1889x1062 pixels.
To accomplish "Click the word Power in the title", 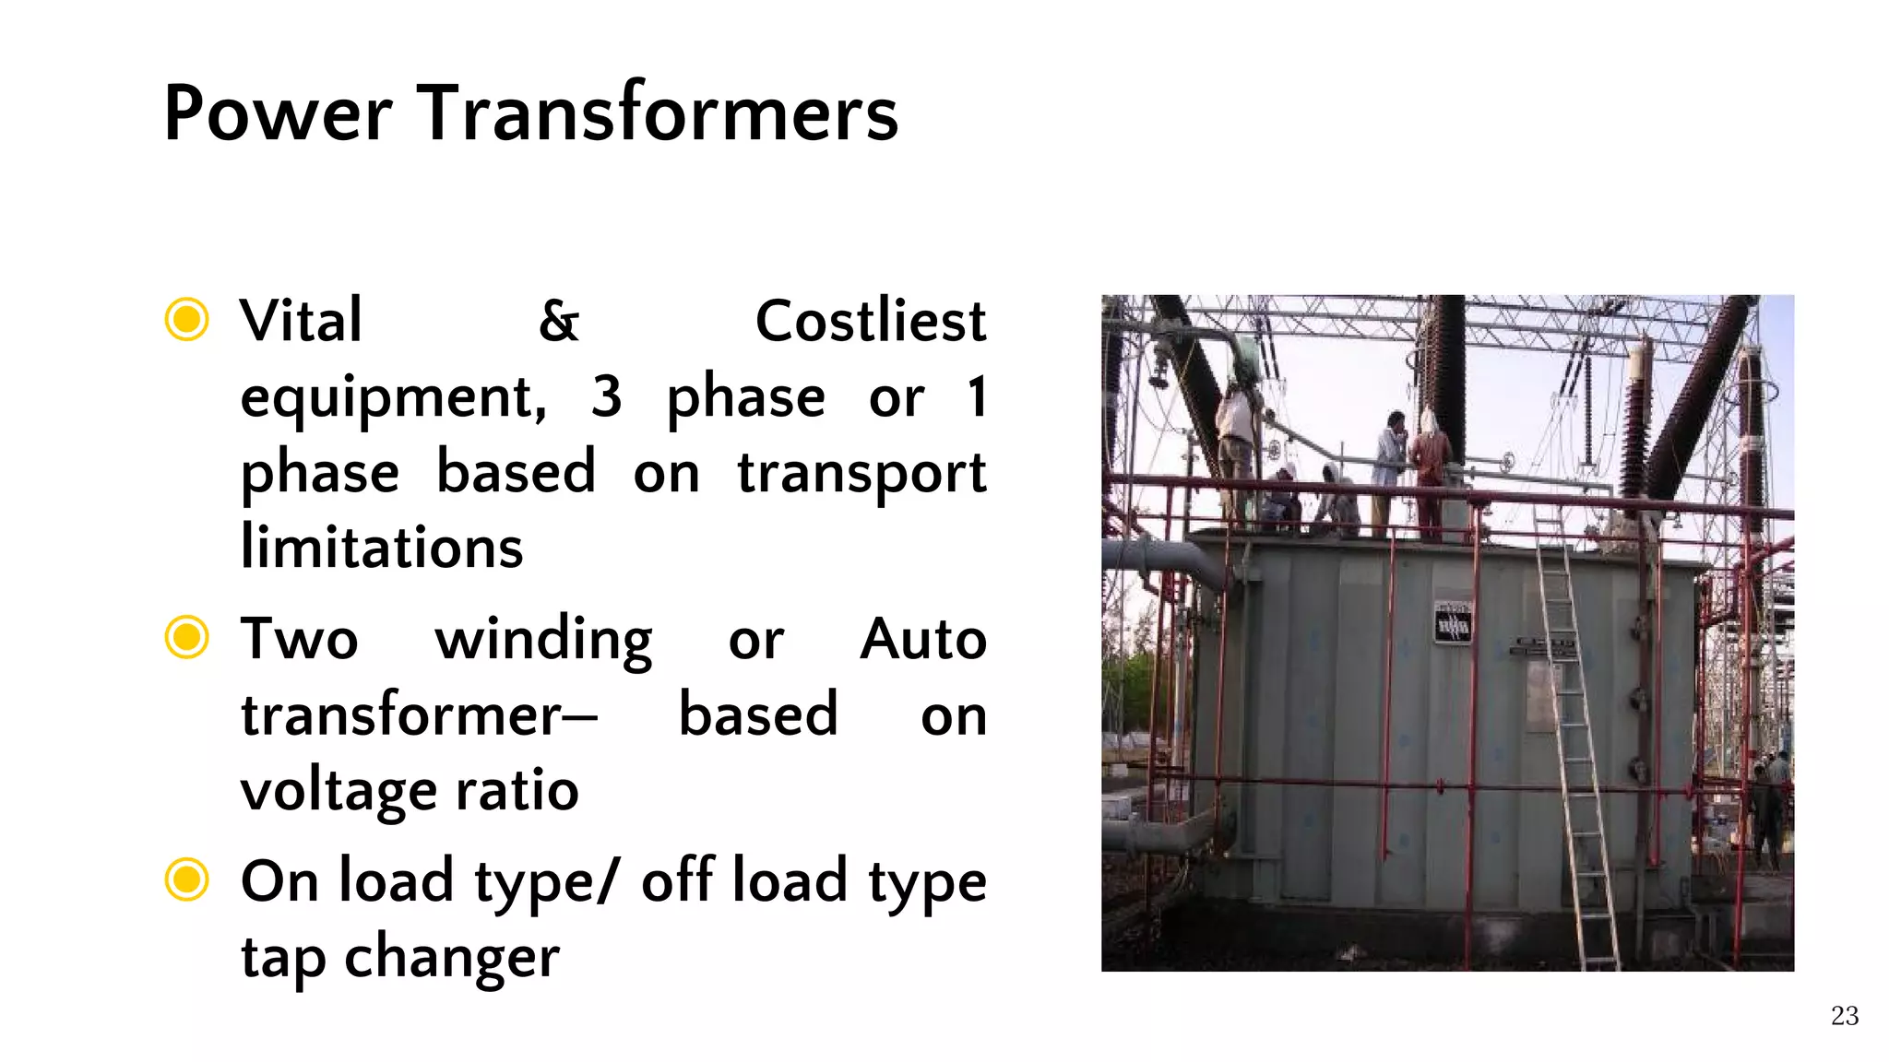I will pyautogui.click(x=278, y=113).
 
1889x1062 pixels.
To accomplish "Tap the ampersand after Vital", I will pyautogui.click(x=559, y=322).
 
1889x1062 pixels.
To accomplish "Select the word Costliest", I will pyautogui.click(x=870, y=322).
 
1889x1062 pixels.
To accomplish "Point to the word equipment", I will pyautogui.click(x=393, y=398).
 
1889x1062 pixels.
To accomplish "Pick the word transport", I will pyautogui.click(x=861, y=474).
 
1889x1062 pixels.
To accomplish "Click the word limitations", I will pyautogui.click(x=382, y=548).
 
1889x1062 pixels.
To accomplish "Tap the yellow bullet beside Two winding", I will pyautogui.click(x=186, y=637).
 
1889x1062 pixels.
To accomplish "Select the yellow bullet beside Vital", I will pyautogui.click(x=186, y=319).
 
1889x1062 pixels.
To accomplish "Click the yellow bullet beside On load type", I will pyautogui.click(x=186, y=879).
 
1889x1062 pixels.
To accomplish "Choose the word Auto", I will pyautogui.click(x=922, y=639).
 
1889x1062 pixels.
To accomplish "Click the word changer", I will pyautogui.click(x=451, y=959).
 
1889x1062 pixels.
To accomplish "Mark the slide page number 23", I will pyautogui.click(x=1844, y=1016).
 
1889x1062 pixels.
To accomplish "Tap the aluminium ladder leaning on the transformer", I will pyautogui.click(x=1575, y=737).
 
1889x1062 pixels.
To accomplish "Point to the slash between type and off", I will pyautogui.click(x=608, y=880).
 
